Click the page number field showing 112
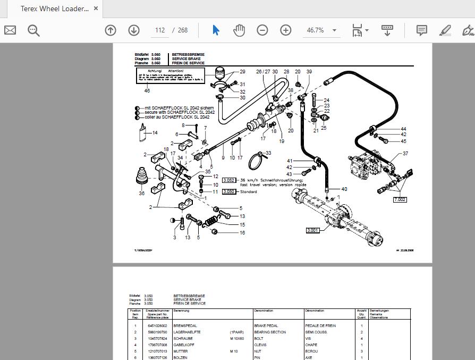point(159,30)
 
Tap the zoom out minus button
point(262,30)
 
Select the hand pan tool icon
point(239,30)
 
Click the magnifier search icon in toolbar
point(34,30)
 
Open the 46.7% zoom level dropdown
point(321,30)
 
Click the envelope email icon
point(10,30)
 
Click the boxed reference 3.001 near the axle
point(314,230)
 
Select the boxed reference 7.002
point(400,199)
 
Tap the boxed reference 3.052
point(229,180)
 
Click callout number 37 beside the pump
point(405,154)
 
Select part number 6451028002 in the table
point(157,325)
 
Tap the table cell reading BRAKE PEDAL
point(267,325)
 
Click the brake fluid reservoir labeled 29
point(219,74)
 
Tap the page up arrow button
point(111,30)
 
